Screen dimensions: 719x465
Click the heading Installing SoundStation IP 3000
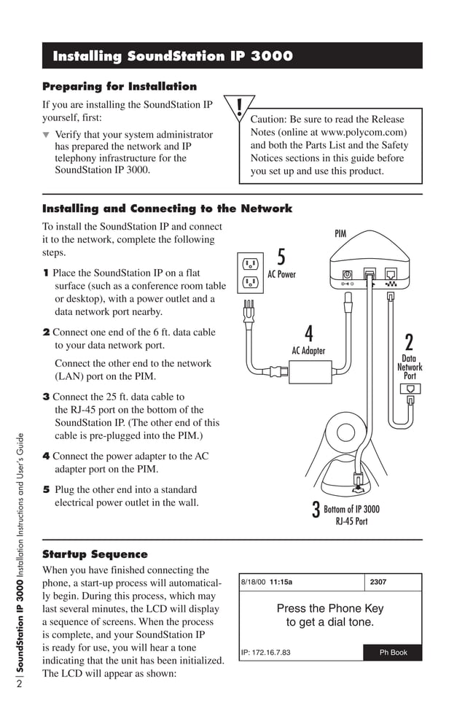173,57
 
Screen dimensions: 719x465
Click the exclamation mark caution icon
238,109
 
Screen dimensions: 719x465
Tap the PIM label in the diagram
340,234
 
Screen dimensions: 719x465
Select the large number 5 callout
281,258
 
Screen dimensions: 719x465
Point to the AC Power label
281,275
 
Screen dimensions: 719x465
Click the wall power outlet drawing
249,272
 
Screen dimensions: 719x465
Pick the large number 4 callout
308,334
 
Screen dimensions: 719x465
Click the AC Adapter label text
308,351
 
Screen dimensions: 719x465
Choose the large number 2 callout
409,342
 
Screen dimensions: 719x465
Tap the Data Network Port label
410,367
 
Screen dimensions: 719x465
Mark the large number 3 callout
316,510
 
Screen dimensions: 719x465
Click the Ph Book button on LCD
393,653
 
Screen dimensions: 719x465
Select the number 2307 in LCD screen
378,583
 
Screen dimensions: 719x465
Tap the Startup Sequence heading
95,554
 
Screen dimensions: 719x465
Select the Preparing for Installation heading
120,87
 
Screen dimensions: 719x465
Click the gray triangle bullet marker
47,135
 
